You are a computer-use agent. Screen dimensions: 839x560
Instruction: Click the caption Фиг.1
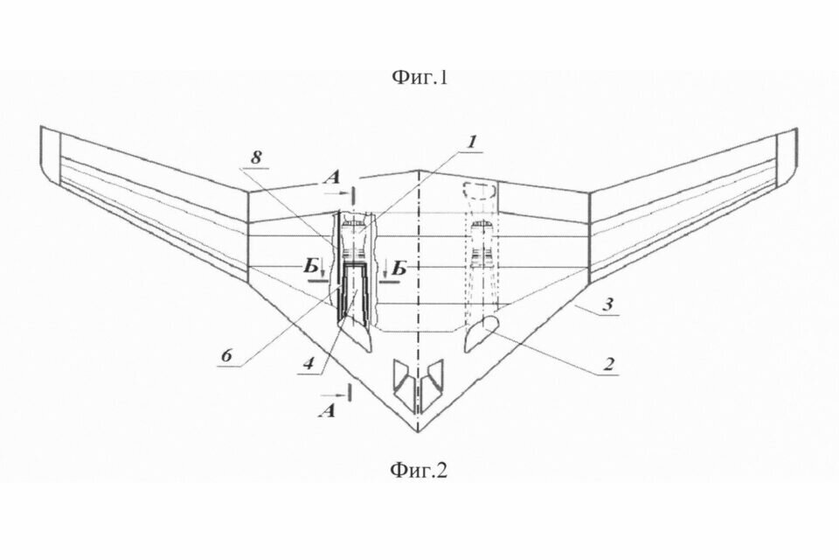pyautogui.click(x=420, y=78)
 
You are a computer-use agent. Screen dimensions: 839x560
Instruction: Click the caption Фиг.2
pyautogui.click(x=418, y=471)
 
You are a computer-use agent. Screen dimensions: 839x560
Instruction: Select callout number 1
pyautogui.click(x=471, y=142)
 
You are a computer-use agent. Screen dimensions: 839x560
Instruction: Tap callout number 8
pyautogui.click(x=256, y=157)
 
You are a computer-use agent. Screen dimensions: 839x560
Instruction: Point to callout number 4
pyautogui.click(x=309, y=363)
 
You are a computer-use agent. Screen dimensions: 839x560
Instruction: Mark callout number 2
pyautogui.click(x=608, y=365)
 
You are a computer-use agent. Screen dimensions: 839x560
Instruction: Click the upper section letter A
pyautogui.click(x=332, y=177)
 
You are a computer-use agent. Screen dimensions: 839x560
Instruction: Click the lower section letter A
pyautogui.click(x=327, y=410)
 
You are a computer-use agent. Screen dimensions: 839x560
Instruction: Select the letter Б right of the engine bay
pyautogui.click(x=399, y=268)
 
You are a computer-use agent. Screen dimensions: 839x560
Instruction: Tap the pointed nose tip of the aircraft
pyautogui.click(x=418, y=431)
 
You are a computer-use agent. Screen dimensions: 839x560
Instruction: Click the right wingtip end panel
pyautogui.click(x=786, y=157)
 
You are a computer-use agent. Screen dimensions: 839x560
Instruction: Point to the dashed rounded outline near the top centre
pyautogui.click(x=480, y=190)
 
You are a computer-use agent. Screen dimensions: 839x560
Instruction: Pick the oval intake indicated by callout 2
pyautogui.click(x=482, y=332)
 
